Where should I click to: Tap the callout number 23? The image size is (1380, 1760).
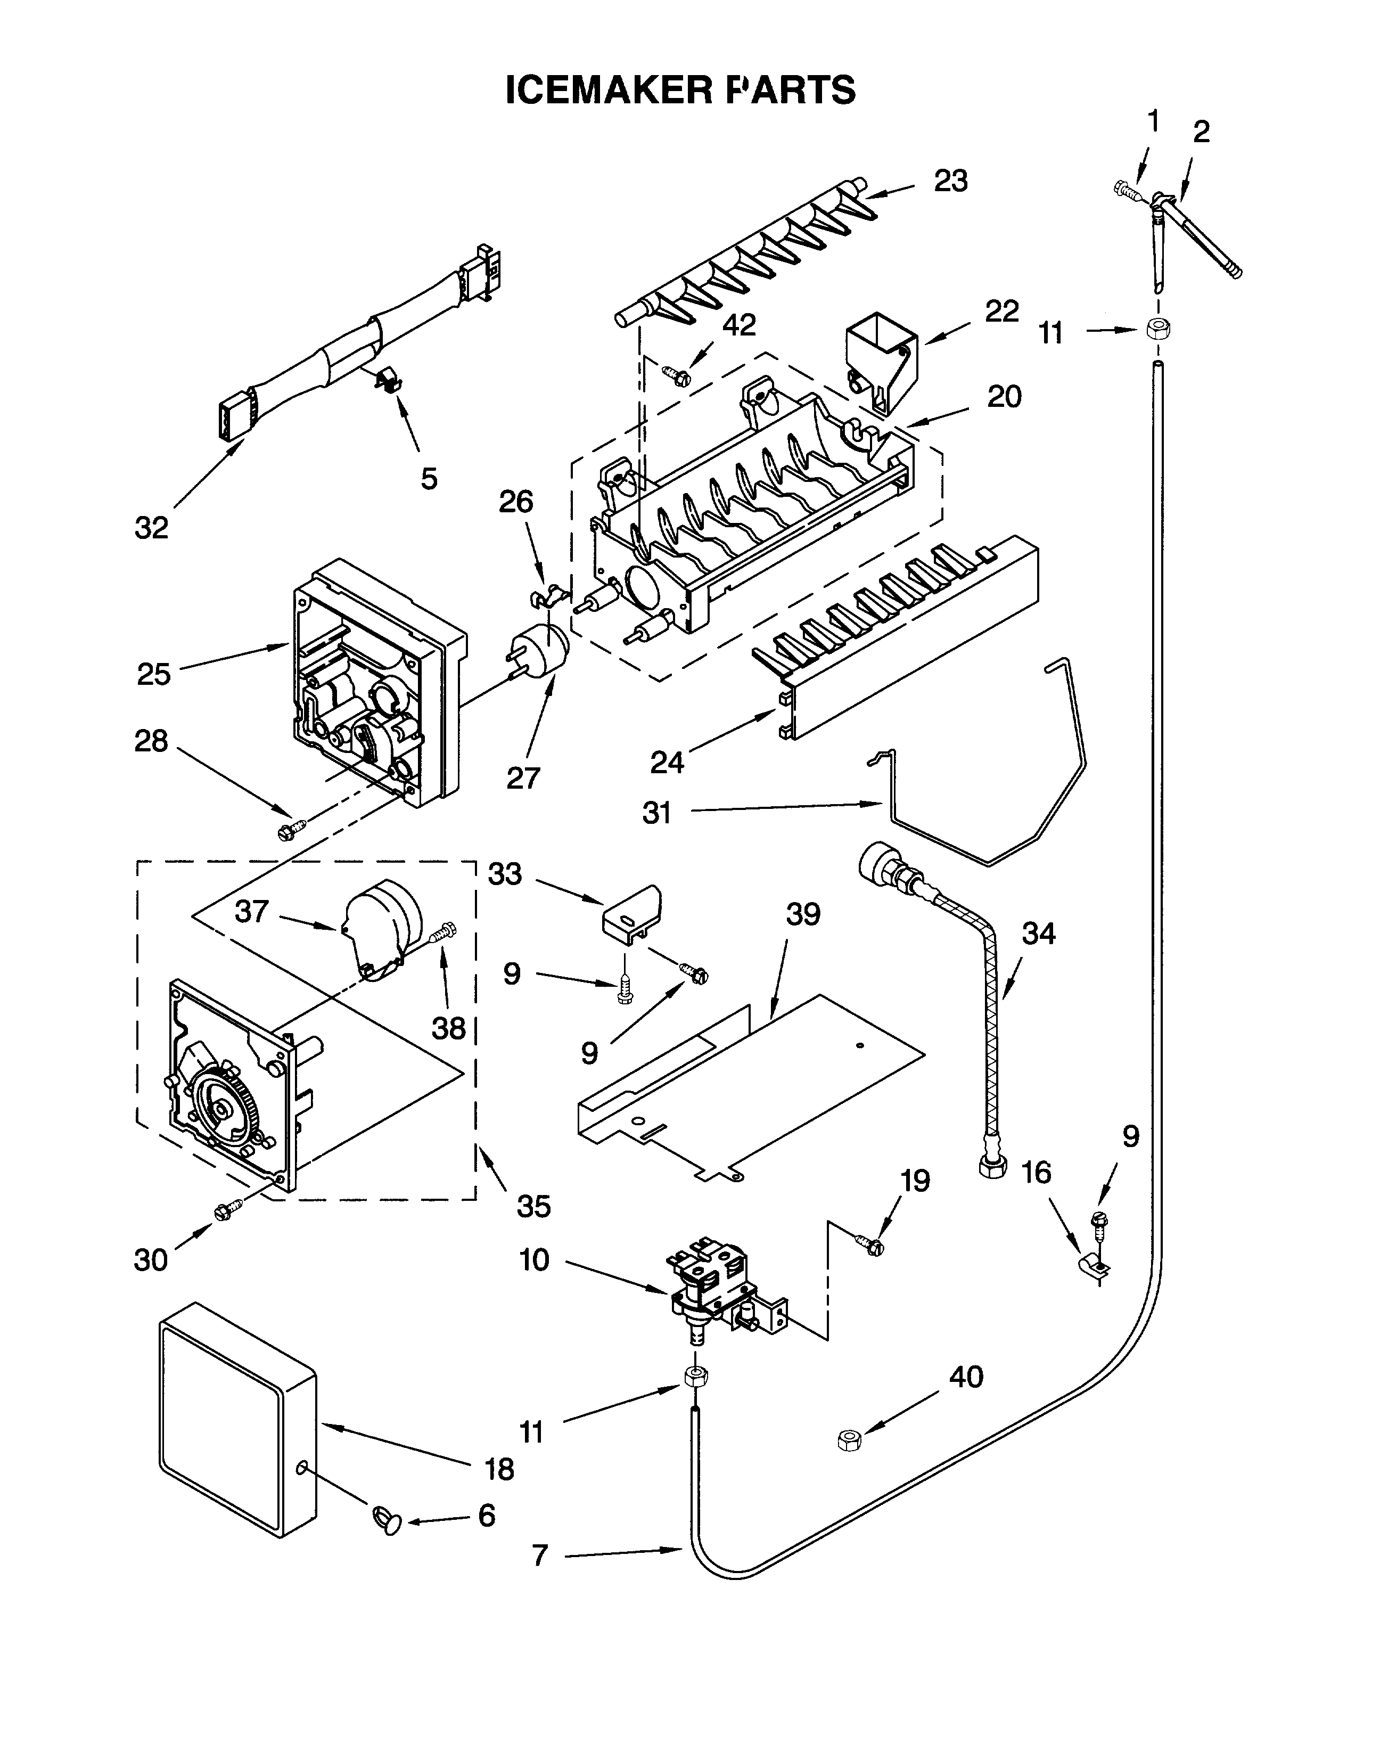951,182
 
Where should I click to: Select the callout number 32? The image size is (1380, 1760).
151,528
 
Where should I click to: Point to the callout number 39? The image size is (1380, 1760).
802,915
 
